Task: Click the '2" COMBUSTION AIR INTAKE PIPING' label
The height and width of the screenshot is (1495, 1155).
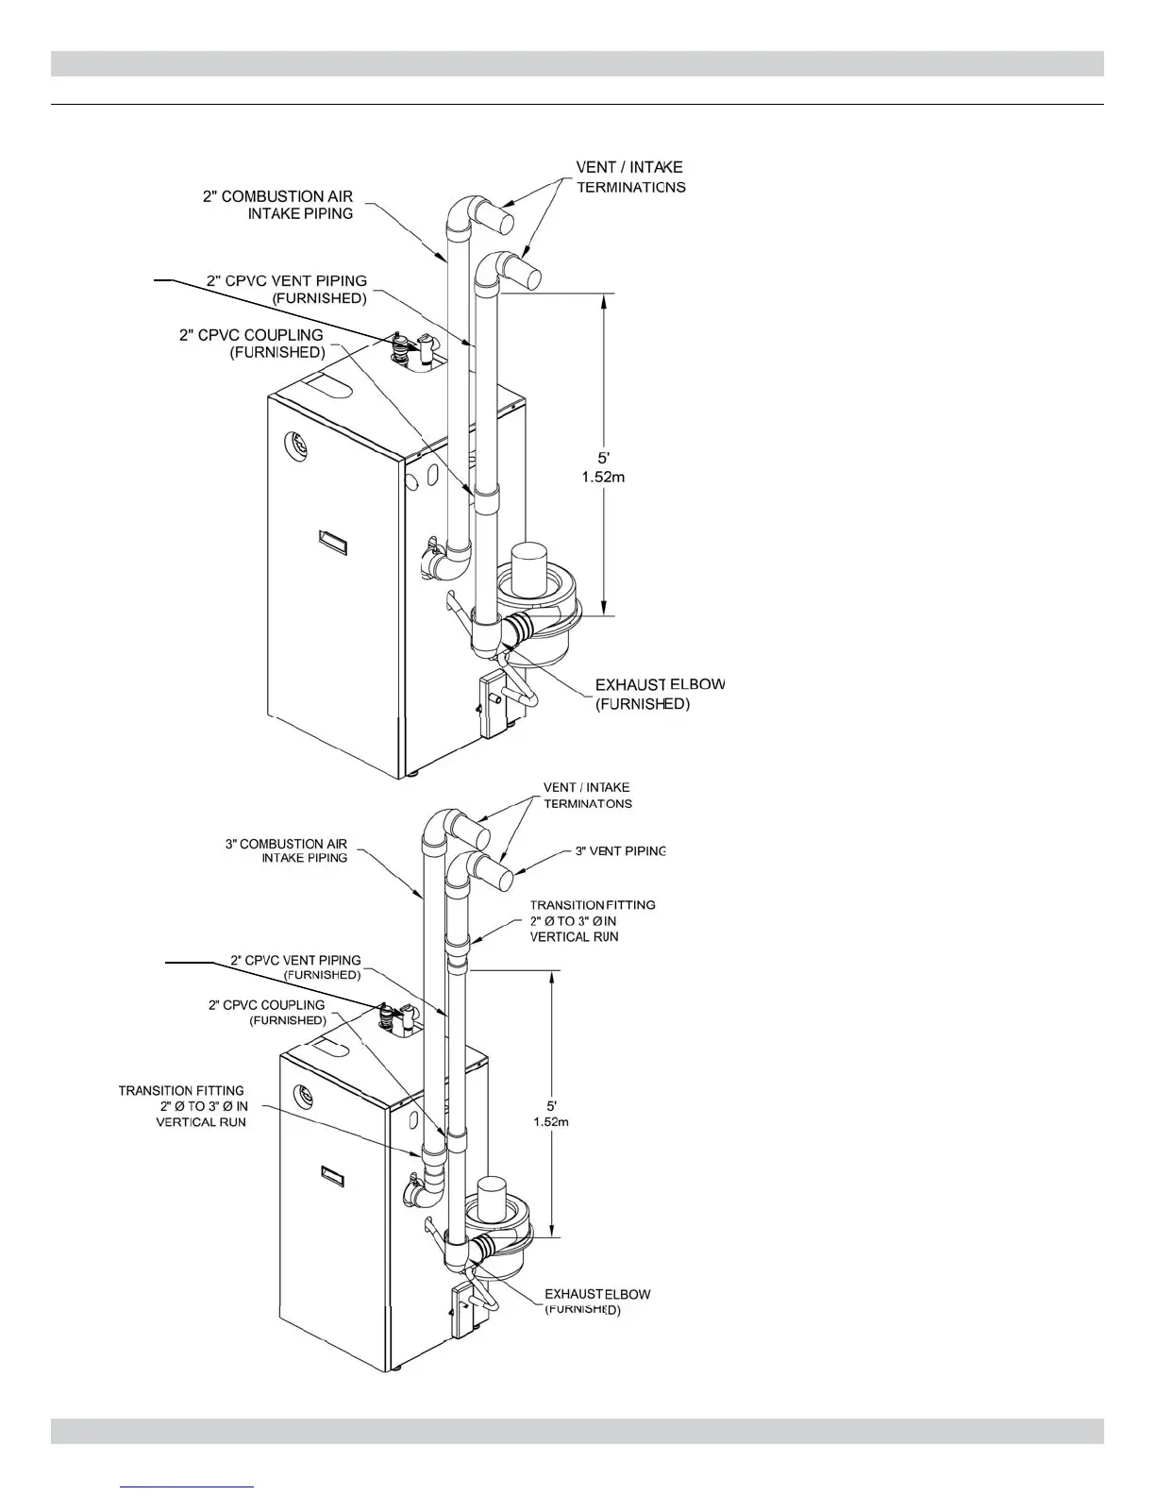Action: (277, 205)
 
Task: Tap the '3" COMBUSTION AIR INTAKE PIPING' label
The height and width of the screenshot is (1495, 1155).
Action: (286, 850)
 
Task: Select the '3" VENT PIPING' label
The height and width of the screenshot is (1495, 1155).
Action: (621, 850)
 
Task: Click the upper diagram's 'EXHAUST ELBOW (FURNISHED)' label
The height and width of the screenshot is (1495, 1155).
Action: (660, 694)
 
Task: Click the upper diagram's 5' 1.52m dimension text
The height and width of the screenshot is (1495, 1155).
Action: (603, 467)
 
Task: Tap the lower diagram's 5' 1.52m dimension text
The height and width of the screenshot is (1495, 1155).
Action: (551, 1113)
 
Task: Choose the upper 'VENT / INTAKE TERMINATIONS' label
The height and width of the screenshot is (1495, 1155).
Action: (630, 177)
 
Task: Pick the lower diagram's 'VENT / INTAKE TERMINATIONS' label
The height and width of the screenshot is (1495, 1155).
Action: (587, 796)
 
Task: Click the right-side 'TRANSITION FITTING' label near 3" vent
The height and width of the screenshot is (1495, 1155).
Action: (593, 920)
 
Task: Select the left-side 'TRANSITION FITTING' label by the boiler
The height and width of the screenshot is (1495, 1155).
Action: (182, 1105)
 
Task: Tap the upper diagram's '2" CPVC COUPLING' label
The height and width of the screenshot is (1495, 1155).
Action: (251, 344)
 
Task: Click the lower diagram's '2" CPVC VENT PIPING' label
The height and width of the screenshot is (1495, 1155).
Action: (295, 967)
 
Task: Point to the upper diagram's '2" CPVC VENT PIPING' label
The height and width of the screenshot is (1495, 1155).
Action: (287, 289)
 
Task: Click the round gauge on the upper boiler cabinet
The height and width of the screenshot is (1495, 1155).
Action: (295, 442)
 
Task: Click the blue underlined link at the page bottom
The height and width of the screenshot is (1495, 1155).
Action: (188, 1487)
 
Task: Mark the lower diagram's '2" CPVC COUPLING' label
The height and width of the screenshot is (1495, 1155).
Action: (267, 1012)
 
